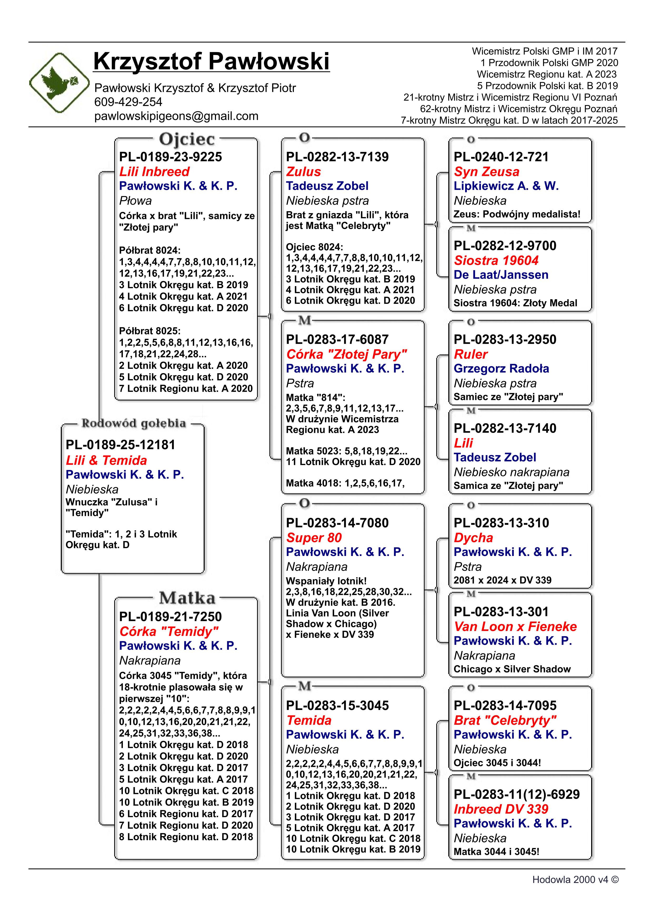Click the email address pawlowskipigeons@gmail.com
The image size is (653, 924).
coord(176,116)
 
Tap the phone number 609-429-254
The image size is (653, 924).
coord(128,102)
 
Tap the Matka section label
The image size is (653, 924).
coord(187,598)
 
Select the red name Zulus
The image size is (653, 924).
coord(304,172)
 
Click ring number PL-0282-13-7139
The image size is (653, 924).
coord(337,157)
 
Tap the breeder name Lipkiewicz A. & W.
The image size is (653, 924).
coord(506,186)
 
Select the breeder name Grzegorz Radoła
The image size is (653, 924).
coord(501,369)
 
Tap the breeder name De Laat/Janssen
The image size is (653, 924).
coord(501,275)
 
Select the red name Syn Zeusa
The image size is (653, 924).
coord(486,172)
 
